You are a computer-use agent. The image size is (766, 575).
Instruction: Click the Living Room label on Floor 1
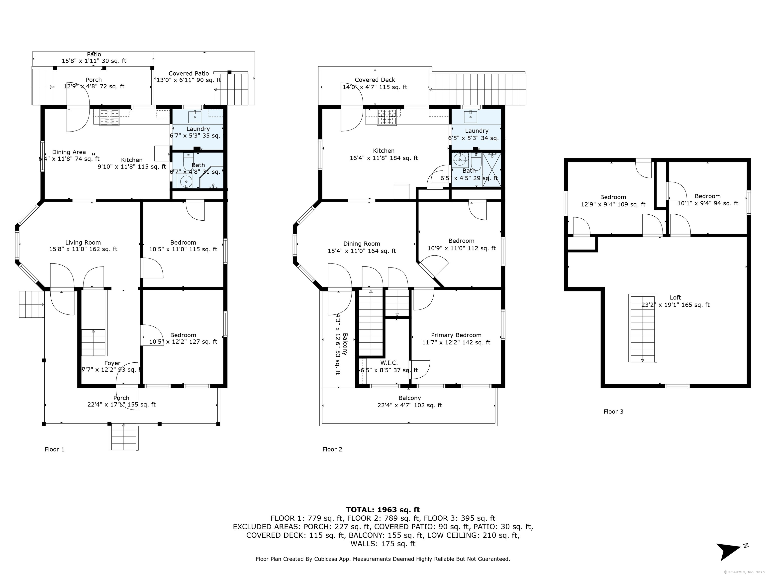(83, 243)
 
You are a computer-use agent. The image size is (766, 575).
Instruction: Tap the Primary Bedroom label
(456, 335)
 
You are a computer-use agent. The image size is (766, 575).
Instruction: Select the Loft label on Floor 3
(675, 297)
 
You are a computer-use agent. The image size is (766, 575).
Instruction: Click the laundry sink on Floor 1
(195, 117)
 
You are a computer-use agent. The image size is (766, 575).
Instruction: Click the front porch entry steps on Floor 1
(124, 437)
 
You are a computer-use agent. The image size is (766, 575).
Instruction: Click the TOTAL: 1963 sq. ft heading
(383, 510)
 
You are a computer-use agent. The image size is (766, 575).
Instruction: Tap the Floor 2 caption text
(332, 449)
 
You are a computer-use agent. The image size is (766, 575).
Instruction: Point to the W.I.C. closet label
(389, 363)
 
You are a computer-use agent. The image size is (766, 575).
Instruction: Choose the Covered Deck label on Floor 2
(375, 80)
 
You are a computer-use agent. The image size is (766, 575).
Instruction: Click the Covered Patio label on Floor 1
(189, 73)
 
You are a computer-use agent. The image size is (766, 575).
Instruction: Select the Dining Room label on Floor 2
(362, 244)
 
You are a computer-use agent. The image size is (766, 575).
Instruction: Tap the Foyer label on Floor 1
(112, 363)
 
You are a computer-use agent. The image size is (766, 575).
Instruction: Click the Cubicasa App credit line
(383, 559)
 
